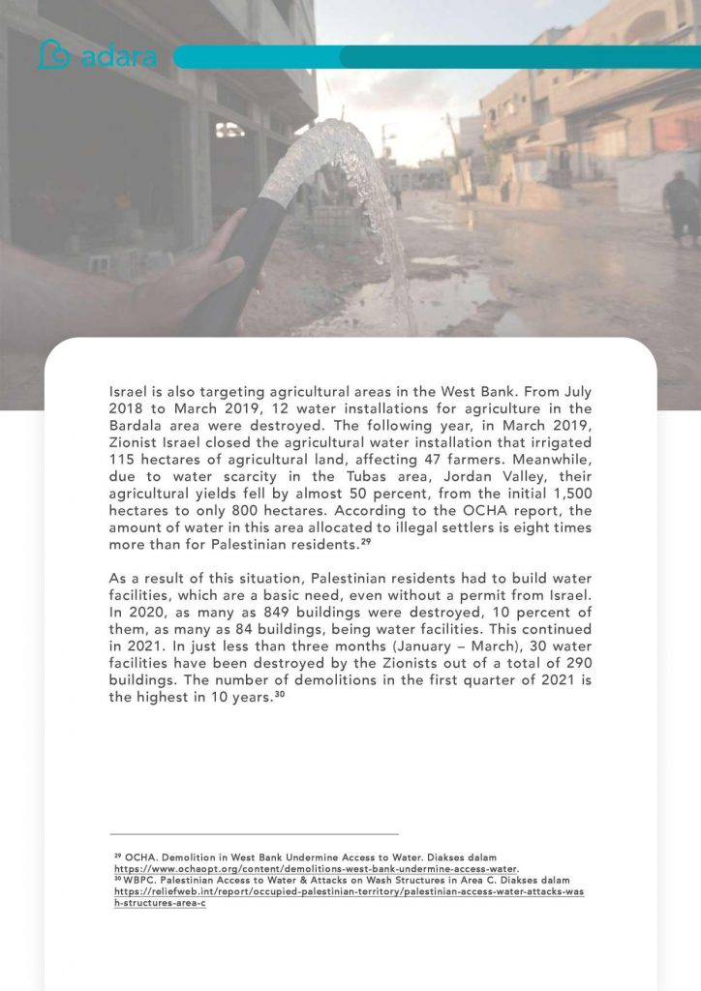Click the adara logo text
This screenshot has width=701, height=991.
118,56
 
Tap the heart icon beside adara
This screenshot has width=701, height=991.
54,55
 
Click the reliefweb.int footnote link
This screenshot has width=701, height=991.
349,891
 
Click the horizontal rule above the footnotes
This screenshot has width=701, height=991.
254,834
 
